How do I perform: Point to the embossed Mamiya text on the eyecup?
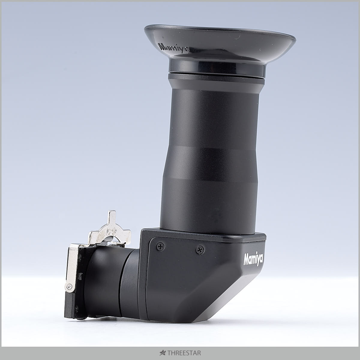coord(174,47)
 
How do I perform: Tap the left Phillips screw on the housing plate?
coord(160,247)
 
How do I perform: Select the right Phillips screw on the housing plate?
coord(200,250)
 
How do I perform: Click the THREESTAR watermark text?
coord(184,353)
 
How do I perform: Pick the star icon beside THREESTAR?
coord(163,353)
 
